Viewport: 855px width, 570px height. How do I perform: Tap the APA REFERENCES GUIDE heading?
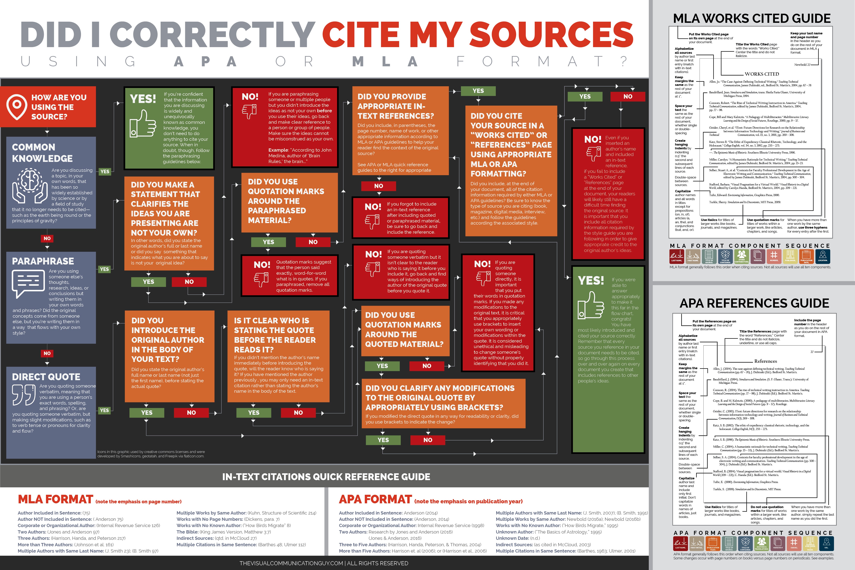click(754, 303)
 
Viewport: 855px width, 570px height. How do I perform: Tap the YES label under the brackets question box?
click(383, 440)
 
